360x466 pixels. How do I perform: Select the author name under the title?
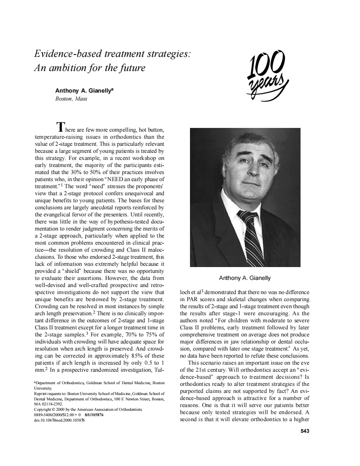(x=85, y=91)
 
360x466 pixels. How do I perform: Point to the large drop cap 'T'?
(x=61, y=126)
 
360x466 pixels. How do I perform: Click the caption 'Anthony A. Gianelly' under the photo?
(x=245, y=278)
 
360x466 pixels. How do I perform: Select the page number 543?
(x=305, y=431)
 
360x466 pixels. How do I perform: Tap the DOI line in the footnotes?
(x=60, y=420)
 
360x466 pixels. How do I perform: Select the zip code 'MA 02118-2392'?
(x=49, y=404)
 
